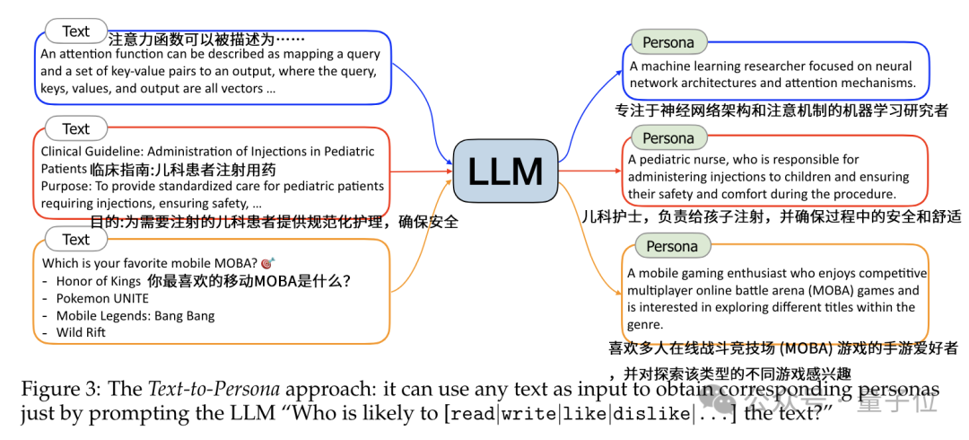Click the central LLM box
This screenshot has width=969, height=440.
click(x=505, y=171)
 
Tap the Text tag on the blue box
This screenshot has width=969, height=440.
click(x=75, y=31)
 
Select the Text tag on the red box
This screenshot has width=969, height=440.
click(x=75, y=129)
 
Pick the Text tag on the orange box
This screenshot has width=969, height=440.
click(x=75, y=240)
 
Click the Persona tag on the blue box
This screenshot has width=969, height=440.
click(x=668, y=42)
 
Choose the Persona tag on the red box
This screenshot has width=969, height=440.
click(x=668, y=138)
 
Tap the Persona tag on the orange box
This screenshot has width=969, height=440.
click(x=672, y=246)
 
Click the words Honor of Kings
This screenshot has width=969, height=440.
click(x=95, y=281)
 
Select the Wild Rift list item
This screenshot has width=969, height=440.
click(x=81, y=332)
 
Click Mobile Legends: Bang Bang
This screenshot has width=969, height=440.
click(x=135, y=315)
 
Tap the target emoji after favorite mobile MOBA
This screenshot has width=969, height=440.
click(x=267, y=263)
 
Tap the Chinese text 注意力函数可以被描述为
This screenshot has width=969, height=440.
click(x=206, y=40)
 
